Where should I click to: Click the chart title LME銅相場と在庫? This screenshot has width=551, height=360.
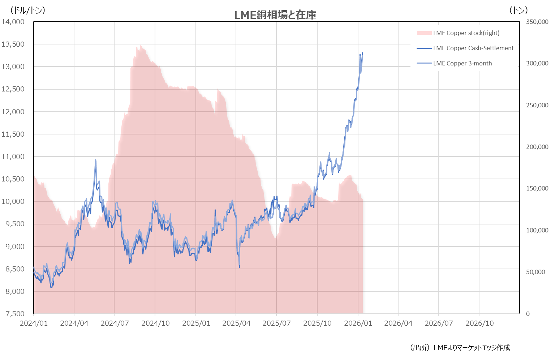275,15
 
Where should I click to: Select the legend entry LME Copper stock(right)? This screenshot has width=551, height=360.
466,33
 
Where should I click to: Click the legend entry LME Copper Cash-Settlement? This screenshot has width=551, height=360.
473,48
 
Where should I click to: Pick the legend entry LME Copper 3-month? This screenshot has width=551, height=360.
462,63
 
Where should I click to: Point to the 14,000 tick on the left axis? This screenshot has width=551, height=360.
13,22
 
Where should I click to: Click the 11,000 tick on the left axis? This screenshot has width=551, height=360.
13,157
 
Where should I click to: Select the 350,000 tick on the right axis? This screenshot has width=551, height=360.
537,22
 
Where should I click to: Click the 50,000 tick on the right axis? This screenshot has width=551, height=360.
535,272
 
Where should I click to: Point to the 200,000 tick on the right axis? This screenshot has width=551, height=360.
537,147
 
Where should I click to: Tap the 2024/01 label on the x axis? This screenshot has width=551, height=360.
34,323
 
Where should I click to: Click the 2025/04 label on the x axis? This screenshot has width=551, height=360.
236,323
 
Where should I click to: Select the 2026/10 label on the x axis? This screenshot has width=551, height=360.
479,323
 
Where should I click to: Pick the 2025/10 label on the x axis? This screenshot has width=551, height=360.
317,323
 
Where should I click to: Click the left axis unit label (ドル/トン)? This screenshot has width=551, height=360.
28,10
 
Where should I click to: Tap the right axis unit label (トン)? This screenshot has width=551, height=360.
518,10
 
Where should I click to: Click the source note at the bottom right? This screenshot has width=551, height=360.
460,348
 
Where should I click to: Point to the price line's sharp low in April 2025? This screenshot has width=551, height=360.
239,267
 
